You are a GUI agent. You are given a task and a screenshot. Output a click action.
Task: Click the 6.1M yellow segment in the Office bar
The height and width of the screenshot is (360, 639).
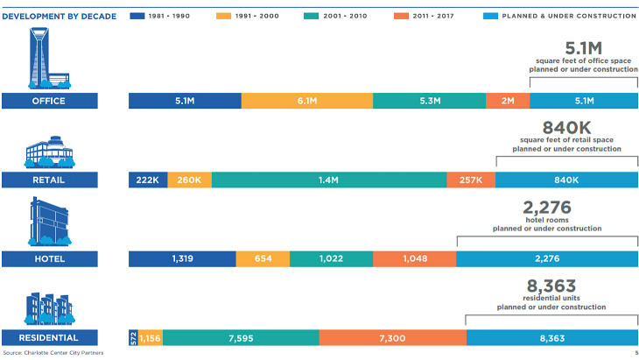tap(307, 101)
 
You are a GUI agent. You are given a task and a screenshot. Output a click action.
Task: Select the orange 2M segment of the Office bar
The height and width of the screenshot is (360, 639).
tap(508, 101)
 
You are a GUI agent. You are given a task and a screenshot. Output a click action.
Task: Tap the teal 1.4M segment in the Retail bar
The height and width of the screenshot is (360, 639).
tap(329, 180)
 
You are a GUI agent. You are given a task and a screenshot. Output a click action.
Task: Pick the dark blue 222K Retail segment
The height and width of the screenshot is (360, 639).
tap(148, 180)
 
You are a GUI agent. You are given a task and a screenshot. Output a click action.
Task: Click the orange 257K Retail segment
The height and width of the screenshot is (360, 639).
tap(471, 180)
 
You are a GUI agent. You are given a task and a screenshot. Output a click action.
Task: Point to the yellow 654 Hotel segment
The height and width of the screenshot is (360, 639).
tap(263, 259)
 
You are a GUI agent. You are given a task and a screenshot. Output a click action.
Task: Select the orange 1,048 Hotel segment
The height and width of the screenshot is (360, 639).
tap(414, 259)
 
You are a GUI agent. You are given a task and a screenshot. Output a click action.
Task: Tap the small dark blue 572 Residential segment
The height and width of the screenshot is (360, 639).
tap(133, 338)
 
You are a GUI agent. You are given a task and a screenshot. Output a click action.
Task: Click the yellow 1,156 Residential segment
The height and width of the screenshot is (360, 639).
tap(151, 338)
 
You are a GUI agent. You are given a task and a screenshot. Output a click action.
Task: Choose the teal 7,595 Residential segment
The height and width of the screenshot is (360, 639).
tap(241, 338)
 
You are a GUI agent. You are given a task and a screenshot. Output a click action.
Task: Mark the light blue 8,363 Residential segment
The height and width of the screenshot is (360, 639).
tap(552, 338)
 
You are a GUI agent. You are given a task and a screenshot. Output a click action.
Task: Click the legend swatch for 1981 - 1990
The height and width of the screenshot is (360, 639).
tap(137, 16)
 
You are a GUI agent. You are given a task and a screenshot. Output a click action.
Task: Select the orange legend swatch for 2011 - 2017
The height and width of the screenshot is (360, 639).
tap(402, 16)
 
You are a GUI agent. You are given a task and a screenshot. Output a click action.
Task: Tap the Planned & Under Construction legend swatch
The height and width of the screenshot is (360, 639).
tap(491, 16)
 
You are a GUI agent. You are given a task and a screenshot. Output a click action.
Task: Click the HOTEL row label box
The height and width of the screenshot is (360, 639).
tap(50, 259)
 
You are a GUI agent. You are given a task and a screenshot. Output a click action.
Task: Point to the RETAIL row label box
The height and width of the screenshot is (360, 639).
tap(50, 180)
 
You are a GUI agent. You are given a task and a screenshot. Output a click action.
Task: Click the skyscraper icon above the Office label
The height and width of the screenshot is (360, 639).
tap(49, 59)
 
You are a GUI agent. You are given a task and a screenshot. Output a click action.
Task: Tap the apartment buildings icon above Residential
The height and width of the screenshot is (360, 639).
tap(49, 308)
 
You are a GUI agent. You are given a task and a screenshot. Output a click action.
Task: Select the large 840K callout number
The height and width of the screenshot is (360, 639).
tap(566, 128)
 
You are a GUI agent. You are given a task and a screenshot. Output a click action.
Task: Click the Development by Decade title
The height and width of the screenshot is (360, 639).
tap(60, 17)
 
